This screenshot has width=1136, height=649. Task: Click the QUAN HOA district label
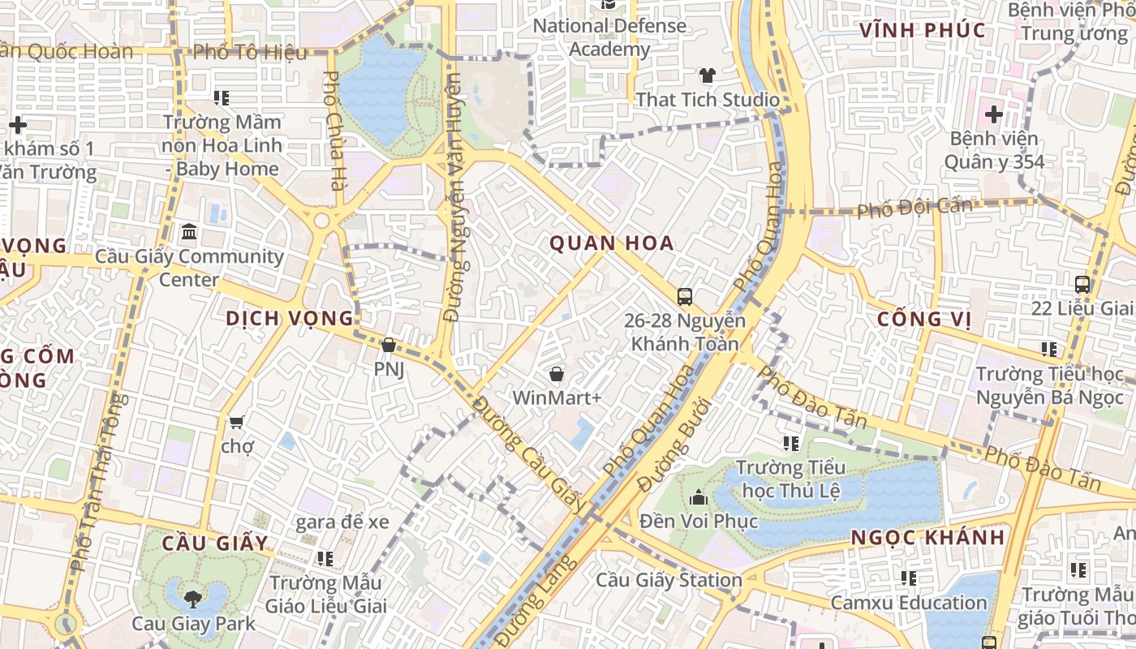pos(612,243)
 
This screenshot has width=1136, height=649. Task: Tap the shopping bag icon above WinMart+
pos(557,374)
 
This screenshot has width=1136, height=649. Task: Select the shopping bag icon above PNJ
pos(389,345)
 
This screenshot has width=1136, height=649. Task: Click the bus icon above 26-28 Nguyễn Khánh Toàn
pos(685,296)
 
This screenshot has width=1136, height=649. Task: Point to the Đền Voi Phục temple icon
pos(699,496)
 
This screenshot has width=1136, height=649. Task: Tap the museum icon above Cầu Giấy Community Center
pos(189,232)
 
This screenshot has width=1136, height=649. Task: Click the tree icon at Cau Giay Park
pos(193,600)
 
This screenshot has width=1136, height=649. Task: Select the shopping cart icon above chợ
pos(237,422)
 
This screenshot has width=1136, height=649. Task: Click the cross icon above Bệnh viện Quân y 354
pos(993,114)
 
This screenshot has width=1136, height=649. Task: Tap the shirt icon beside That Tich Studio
pos(708,75)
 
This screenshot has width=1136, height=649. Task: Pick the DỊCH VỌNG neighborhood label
pos(290,318)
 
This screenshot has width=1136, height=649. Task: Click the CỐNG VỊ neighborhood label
pos(923,319)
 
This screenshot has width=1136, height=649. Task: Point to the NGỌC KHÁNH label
pos(928,537)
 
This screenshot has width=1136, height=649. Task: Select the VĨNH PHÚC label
pos(923,31)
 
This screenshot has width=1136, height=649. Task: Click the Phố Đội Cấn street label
pos(914,208)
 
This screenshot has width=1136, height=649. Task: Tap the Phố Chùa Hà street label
pos(333,131)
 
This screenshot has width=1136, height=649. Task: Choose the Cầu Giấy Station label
pos(669,580)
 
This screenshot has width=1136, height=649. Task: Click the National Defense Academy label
pos(609,37)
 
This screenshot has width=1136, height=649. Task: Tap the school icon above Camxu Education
pos(909,578)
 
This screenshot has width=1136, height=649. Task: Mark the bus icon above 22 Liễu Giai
pos(1082,285)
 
